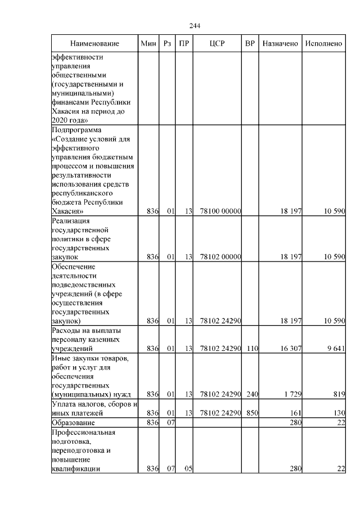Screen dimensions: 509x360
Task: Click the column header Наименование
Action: (x=95, y=44)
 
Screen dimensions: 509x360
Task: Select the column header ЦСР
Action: (x=217, y=44)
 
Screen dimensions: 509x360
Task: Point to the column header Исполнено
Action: (x=323, y=44)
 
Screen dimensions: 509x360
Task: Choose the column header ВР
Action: (x=250, y=44)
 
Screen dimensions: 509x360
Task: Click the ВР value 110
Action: (x=251, y=349)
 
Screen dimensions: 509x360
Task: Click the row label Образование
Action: (x=73, y=422)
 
